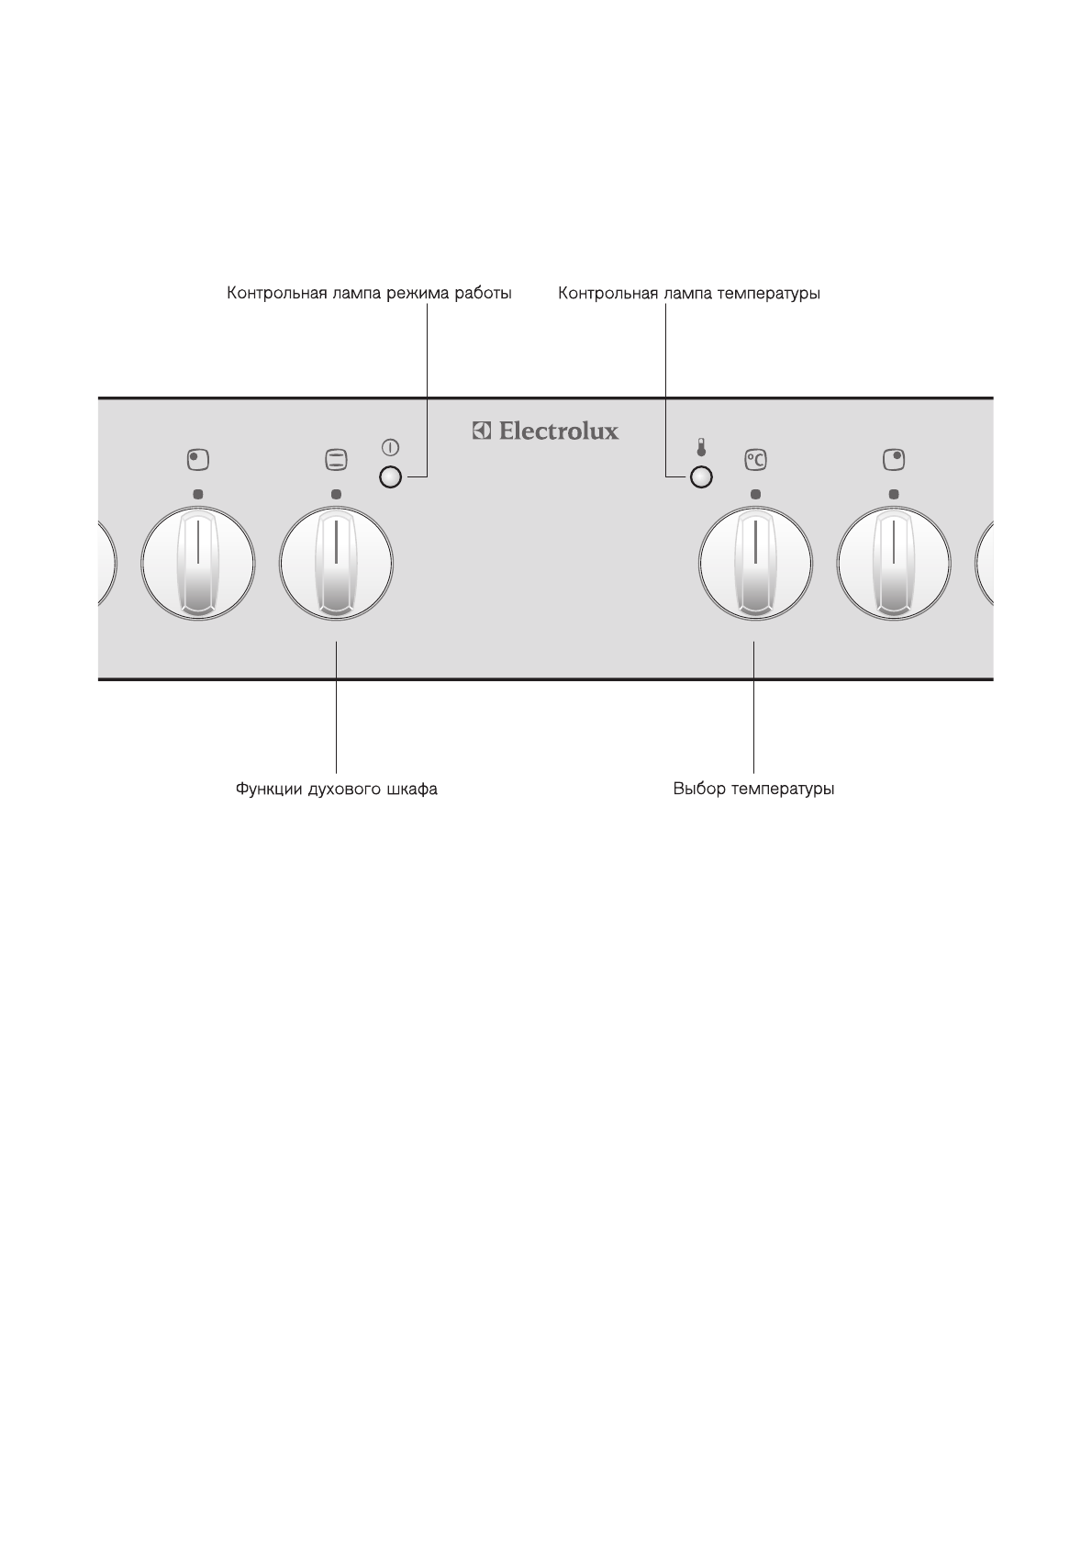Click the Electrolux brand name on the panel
tap(558, 431)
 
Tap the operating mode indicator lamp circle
tap(391, 477)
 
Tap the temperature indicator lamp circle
tap(702, 477)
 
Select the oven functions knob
tap(337, 563)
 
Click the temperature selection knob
tap(755, 563)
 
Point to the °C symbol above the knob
tap(755, 459)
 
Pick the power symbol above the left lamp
tap(391, 448)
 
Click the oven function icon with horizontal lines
tap(337, 458)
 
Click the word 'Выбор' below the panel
tap(699, 790)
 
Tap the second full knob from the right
tap(755, 563)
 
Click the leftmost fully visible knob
tap(197, 563)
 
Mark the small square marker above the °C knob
tap(755, 494)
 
